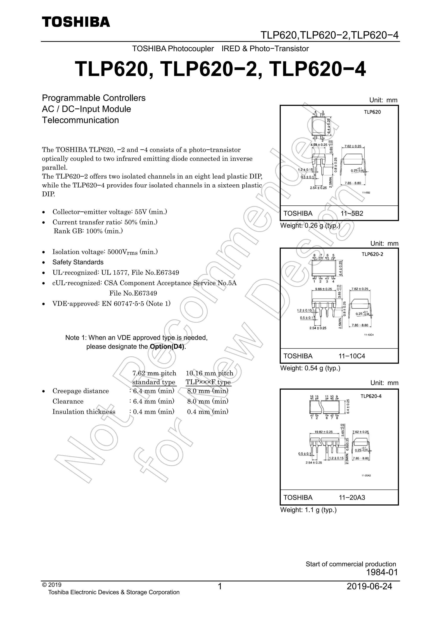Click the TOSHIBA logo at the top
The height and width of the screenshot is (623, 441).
(x=76, y=22)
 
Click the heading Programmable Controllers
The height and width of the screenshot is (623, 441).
(x=94, y=98)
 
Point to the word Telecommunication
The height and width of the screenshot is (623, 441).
(x=80, y=120)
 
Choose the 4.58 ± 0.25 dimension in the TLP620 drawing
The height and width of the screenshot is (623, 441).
(x=318, y=145)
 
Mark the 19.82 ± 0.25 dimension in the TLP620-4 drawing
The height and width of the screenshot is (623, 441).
(x=324, y=432)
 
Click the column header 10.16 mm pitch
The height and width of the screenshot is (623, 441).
(x=209, y=373)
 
